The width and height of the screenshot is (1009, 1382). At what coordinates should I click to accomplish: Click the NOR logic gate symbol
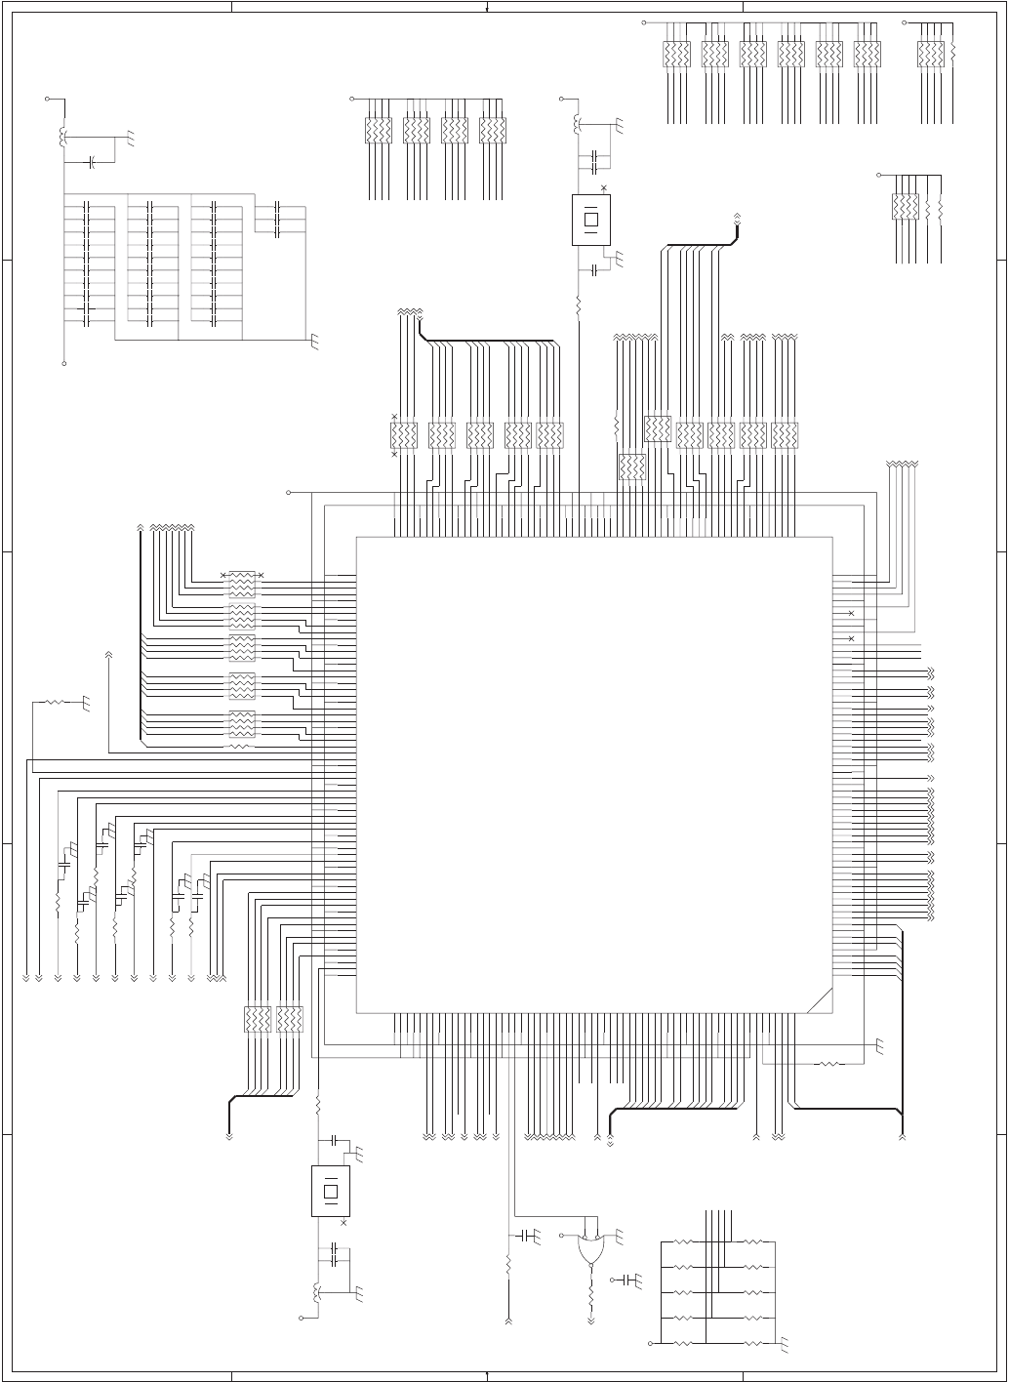591,1248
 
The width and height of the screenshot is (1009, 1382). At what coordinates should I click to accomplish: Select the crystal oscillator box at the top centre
591,219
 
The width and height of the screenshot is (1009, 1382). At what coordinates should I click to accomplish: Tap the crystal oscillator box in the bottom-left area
330,1191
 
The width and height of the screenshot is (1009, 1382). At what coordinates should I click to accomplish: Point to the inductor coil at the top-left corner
64,137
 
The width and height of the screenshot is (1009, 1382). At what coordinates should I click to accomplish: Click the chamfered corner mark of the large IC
820,1001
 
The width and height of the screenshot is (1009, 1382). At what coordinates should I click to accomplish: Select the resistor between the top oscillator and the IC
579,305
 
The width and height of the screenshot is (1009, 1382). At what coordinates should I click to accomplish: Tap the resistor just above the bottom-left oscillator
319,1104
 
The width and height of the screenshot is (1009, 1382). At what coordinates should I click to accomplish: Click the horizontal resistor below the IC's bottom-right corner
828,1063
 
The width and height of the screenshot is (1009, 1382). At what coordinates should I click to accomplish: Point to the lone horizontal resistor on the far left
55,701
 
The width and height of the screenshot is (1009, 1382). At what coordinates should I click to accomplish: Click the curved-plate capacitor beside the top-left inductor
92,161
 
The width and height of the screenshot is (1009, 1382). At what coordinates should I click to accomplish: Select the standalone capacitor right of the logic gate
630,1279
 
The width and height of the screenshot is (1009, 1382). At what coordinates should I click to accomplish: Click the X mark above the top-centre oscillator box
603,187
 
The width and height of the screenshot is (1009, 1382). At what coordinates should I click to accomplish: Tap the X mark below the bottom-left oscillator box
343,1221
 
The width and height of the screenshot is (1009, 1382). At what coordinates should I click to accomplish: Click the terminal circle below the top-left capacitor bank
64,363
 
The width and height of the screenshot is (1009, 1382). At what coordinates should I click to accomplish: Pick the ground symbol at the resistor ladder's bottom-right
785,1348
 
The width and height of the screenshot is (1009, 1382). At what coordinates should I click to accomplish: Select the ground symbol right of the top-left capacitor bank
314,341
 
